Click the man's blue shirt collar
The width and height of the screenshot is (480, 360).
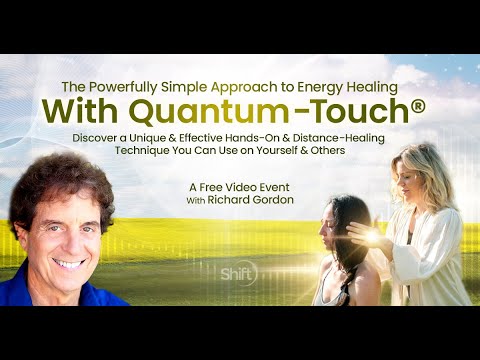tap(30, 290)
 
